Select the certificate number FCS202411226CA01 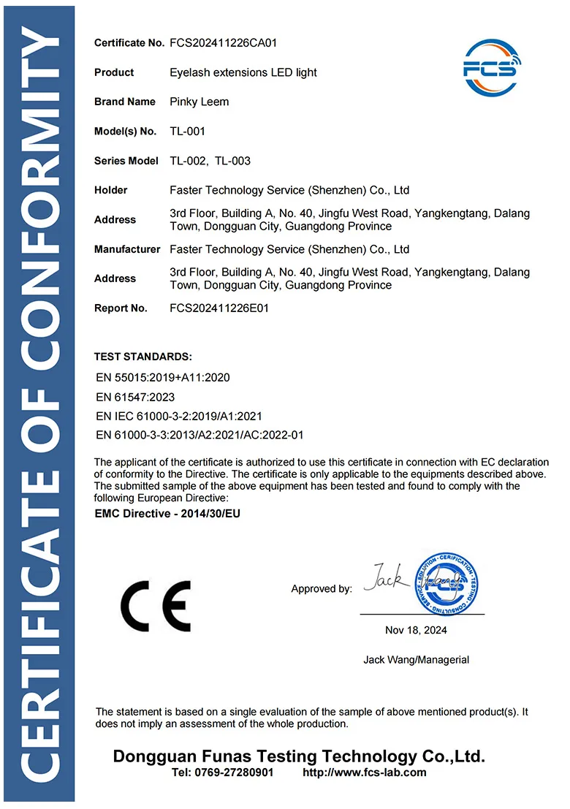tap(223, 43)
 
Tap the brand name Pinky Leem tap(199, 102)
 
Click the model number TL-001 tap(187, 132)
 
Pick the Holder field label tap(111, 190)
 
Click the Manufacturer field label tap(127, 249)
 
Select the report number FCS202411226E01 tap(219, 308)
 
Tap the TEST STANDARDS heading tap(143, 357)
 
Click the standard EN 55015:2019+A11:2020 tap(163, 378)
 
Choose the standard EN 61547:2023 tap(135, 397)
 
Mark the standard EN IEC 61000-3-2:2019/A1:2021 tap(179, 416)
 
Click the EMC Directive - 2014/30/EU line tap(167, 514)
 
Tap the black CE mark tap(156, 606)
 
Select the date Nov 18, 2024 tap(416, 630)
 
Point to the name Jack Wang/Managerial tap(416, 660)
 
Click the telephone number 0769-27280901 tap(232, 772)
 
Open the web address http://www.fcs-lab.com tap(364, 772)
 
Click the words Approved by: tap(322, 589)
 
